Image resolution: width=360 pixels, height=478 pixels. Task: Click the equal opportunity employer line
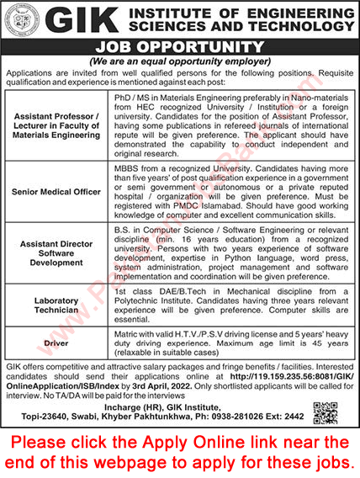click(179, 64)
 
